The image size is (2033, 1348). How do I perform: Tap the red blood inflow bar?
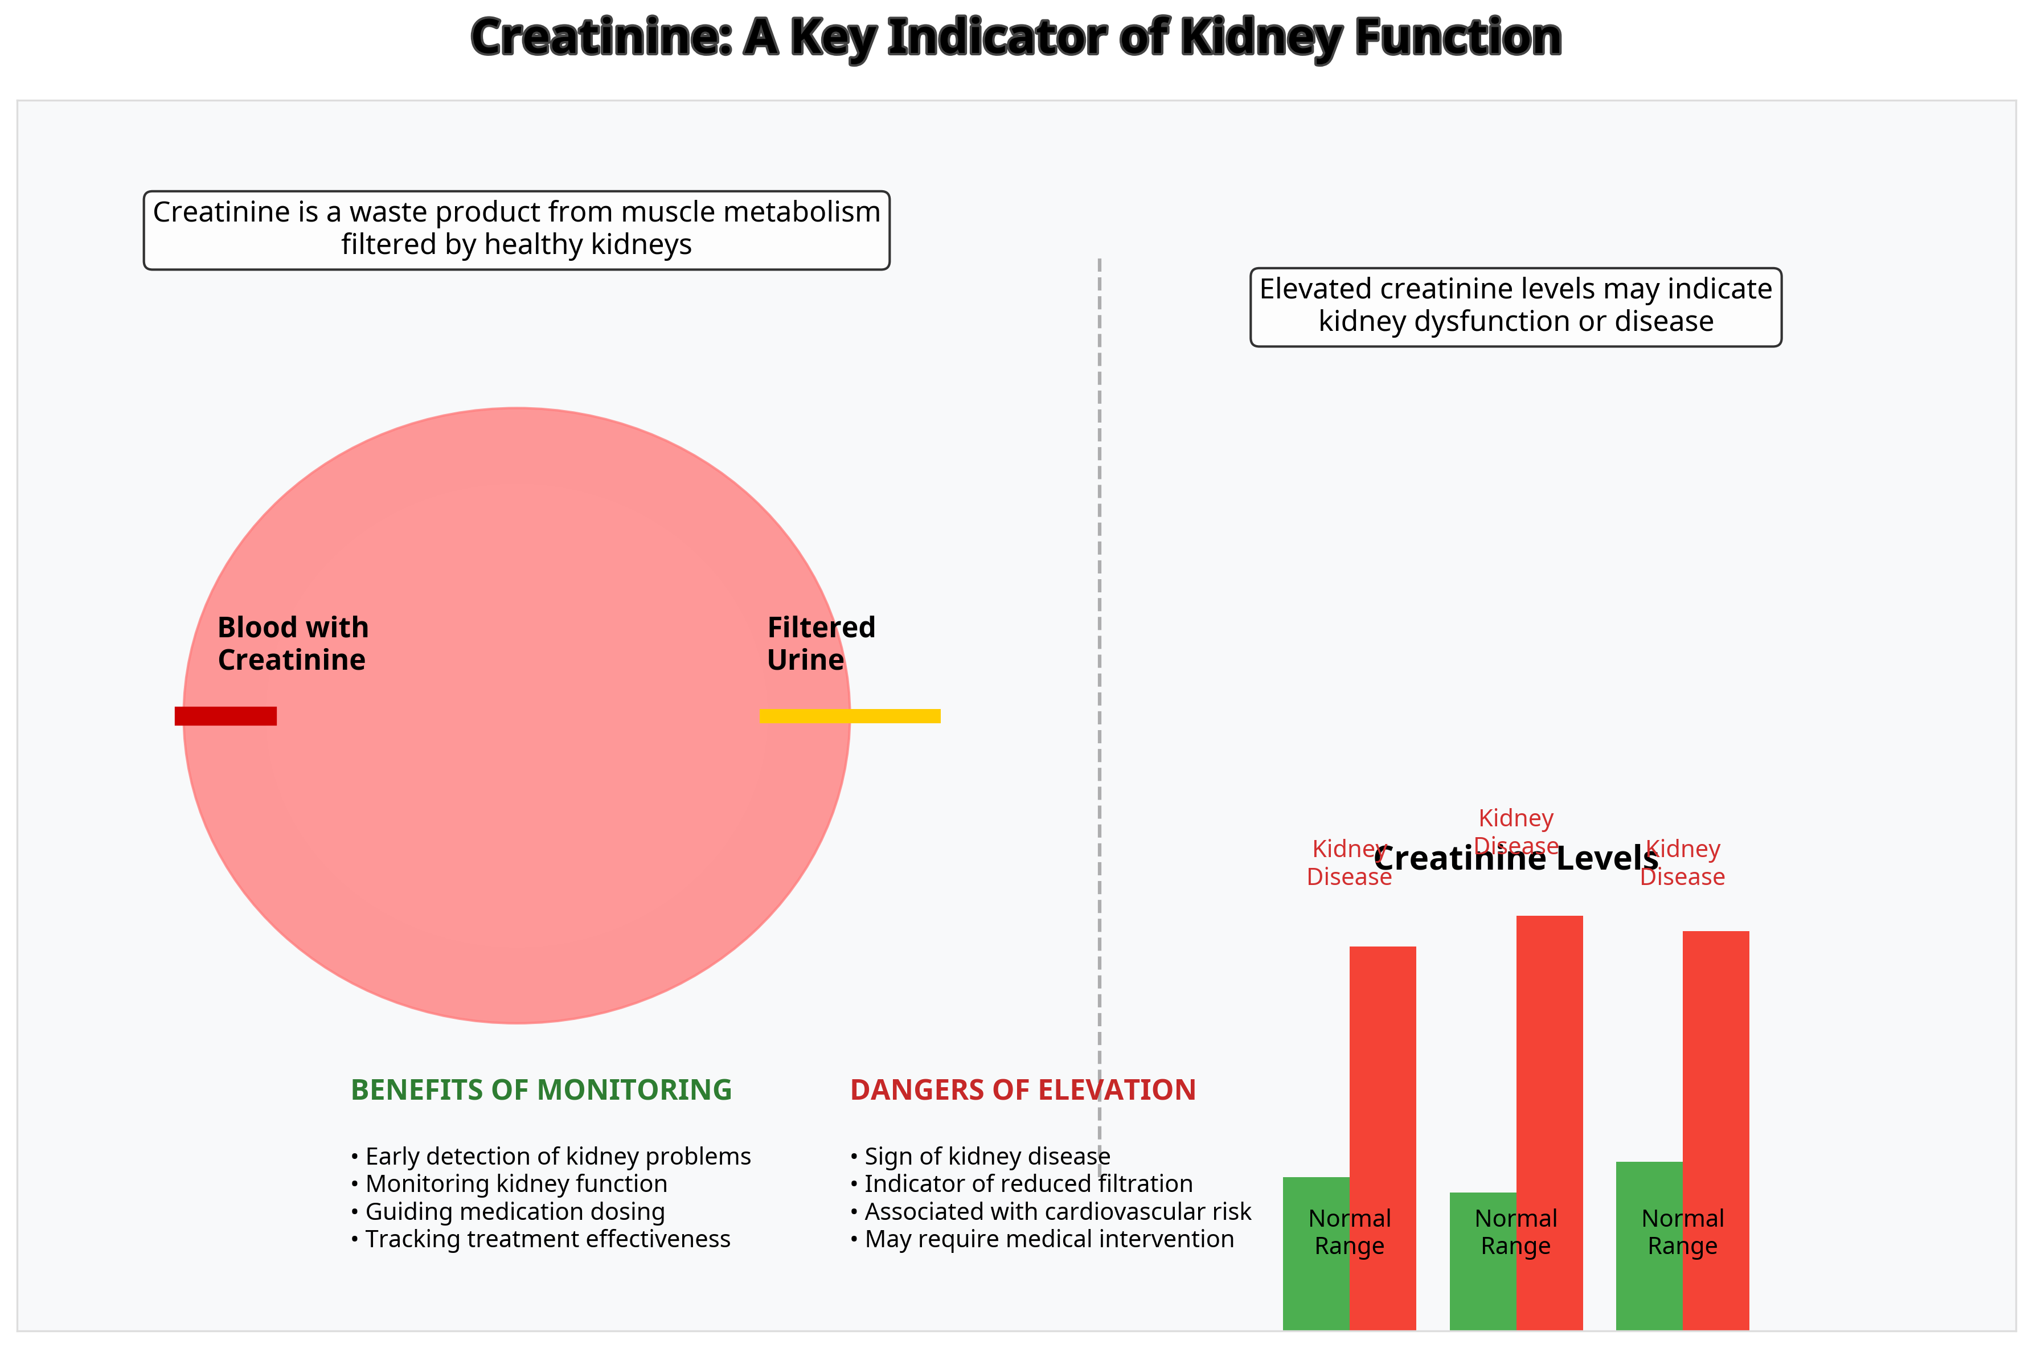225,716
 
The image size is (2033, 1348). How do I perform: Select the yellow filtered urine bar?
849,716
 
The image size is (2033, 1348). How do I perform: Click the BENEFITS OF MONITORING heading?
540,1090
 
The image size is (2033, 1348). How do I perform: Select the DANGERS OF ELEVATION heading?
1022,1090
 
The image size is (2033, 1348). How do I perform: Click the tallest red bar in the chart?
1549,1075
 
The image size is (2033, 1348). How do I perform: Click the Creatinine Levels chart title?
1515,859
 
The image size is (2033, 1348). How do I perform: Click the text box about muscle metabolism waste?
516,230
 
